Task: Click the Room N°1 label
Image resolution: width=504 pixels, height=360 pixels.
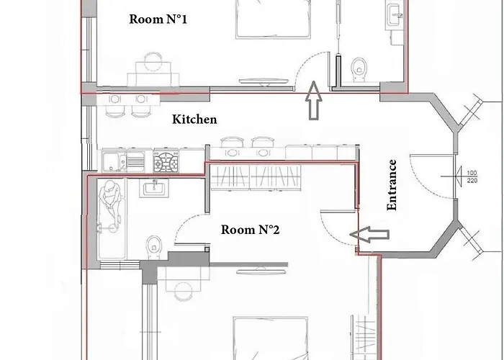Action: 158,19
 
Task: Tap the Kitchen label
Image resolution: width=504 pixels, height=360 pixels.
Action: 194,120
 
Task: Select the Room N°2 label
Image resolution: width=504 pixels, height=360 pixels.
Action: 250,230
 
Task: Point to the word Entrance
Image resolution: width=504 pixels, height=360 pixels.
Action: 392,185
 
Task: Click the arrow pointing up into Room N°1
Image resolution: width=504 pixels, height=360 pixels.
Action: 313,101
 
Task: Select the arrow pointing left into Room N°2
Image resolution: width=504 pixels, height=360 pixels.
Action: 369,234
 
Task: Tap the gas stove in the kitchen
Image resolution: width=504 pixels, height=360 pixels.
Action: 166,161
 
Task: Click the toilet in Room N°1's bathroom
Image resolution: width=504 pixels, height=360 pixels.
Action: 359,69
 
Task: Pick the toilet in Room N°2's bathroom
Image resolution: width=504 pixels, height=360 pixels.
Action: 154,247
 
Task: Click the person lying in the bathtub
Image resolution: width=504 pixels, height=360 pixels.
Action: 110,206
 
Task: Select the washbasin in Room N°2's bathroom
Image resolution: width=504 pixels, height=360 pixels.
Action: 154,188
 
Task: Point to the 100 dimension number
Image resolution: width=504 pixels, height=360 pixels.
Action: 472,173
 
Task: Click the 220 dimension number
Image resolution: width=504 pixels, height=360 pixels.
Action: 472,181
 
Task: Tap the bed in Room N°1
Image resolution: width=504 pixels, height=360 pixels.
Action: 273,19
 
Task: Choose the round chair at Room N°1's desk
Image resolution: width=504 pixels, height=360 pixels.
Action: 153,62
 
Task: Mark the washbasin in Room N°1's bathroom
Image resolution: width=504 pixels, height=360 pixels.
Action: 395,15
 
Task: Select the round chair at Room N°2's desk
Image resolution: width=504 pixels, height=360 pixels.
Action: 184,291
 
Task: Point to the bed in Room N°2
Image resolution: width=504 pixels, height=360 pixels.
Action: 271,338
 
